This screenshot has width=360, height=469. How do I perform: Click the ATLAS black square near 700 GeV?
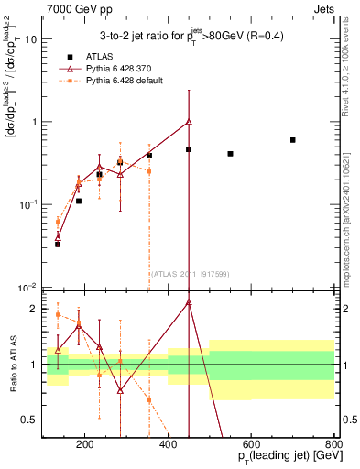tap(292, 140)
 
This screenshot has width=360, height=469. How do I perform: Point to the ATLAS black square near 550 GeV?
tap(230, 154)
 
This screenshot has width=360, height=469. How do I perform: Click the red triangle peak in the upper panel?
tap(189, 122)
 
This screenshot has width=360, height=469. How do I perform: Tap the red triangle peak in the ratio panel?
tap(189, 302)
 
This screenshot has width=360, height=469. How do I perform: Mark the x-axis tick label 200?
tap(85, 446)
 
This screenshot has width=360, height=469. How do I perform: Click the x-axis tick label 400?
tap(169, 446)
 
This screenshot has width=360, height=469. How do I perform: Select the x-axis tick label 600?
tap(252, 446)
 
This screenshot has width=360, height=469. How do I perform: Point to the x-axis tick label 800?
tap(334, 446)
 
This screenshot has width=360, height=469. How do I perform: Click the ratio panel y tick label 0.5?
tap(31, 420)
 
